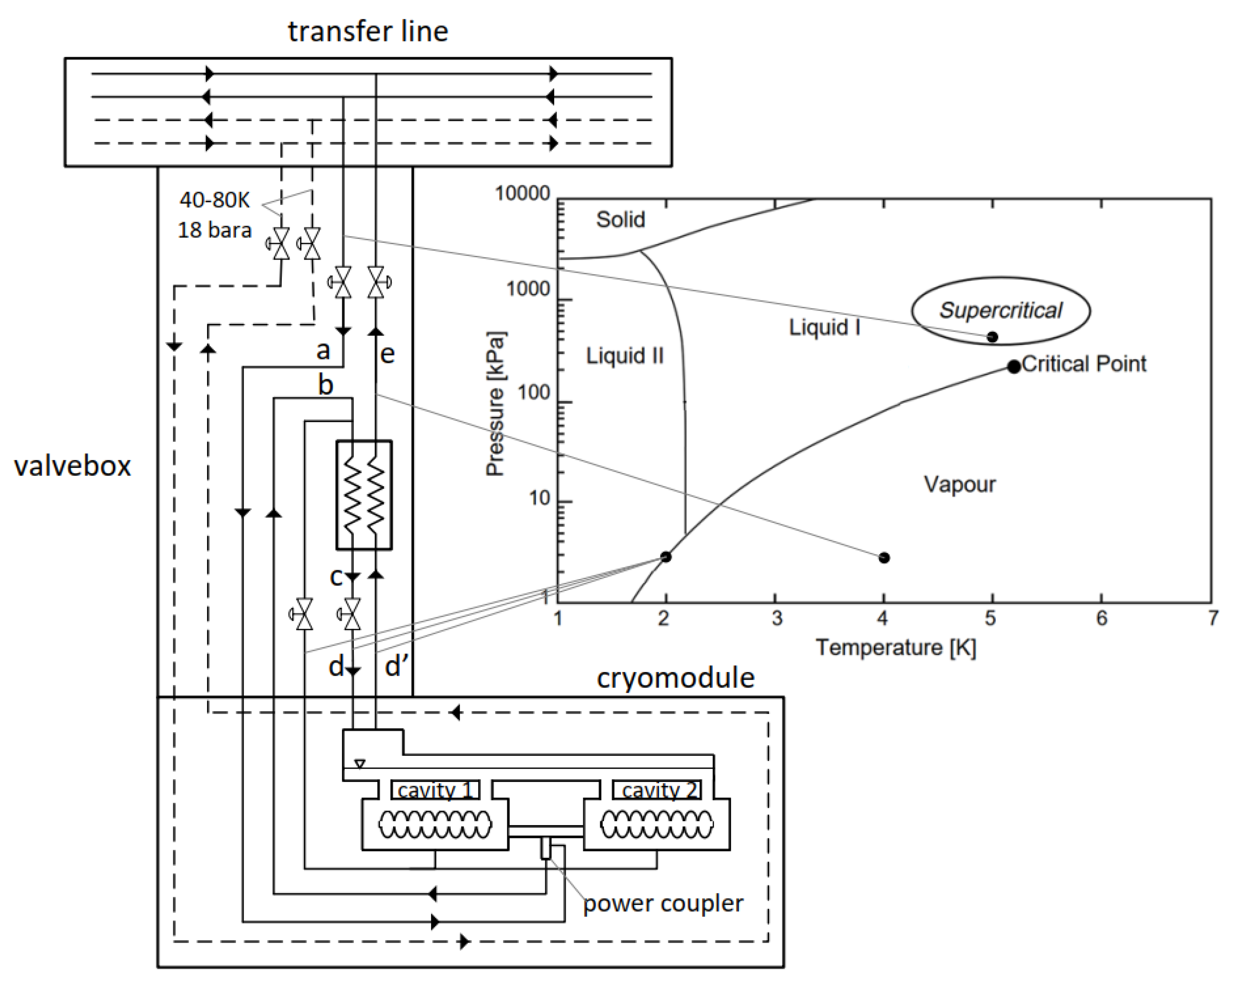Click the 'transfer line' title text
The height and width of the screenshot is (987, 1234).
click(368, 31)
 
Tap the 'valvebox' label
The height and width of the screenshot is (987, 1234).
click(72, 466)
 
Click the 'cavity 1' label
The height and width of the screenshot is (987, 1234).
click(435, 790)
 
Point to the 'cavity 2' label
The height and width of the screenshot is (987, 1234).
click(659, 790)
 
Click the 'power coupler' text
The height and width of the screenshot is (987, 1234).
click(663, 903)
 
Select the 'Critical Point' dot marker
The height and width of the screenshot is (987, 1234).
click(1014, 366)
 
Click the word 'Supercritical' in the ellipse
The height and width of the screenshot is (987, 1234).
click(1000, 310)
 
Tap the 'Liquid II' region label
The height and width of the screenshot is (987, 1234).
click(624, 356)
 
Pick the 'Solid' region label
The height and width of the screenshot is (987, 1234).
click(620, 219)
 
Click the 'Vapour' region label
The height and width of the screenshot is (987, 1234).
click(959, 484)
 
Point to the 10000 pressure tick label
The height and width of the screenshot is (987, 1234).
click(522, 194)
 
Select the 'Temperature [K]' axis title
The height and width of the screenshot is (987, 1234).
click(896, 648)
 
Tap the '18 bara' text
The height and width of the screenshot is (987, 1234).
click(215, 230)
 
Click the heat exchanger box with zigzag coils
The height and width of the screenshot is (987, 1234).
click(364, 495)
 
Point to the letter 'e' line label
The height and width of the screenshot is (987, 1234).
click(388, 354)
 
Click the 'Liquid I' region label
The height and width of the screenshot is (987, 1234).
click(824, 327)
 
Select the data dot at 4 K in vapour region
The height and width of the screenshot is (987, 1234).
click(884, 557)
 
